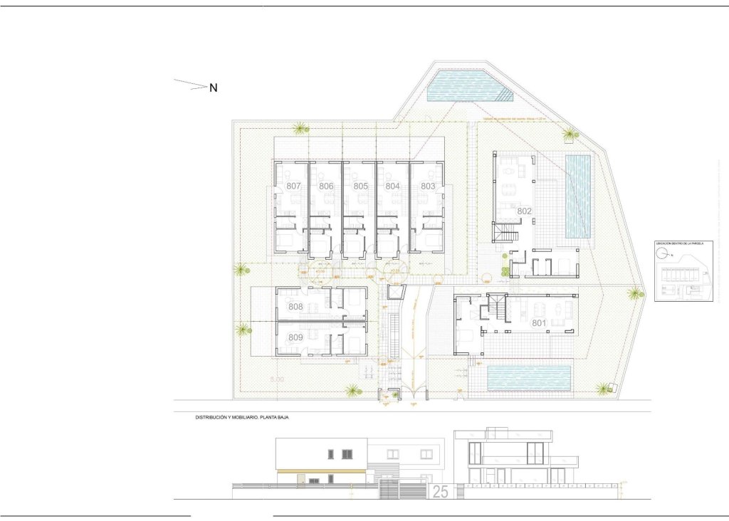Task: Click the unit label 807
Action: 293,186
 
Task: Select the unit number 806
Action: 326,186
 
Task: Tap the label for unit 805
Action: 360,186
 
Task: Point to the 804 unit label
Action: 392,186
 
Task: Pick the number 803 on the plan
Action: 428,186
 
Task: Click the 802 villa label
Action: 525,211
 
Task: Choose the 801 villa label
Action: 539,323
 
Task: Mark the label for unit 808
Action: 295,307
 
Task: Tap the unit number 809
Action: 295,337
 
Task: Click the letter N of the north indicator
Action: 213,88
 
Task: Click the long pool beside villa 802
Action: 578,196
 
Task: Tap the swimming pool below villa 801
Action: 530,378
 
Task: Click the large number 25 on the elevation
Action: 440,492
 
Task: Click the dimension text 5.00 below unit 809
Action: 276,380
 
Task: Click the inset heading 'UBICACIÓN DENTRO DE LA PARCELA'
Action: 679,243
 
